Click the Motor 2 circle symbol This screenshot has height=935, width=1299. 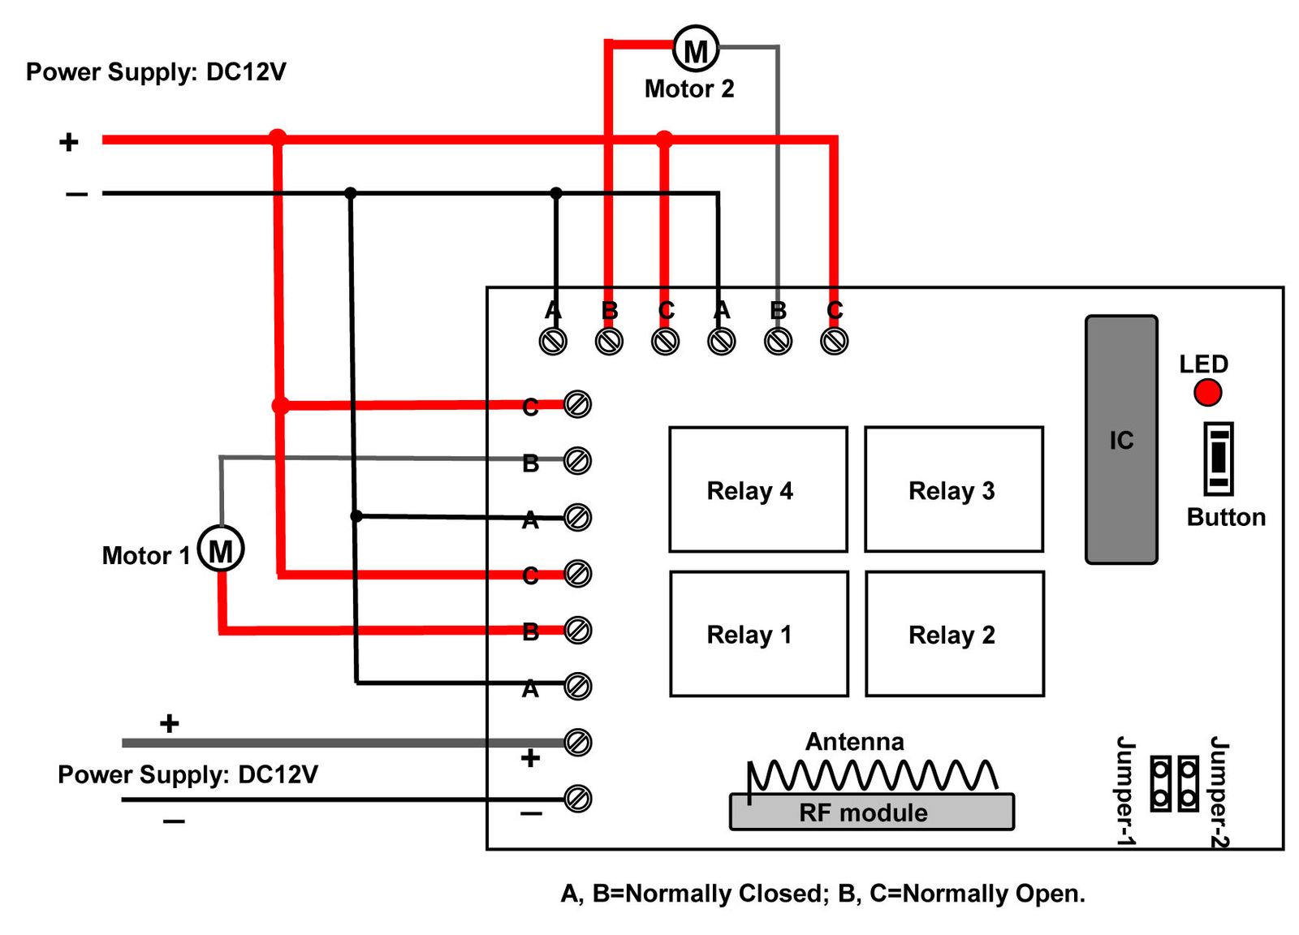click(x=696, y=50)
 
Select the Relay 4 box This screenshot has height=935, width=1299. click(x=758, y=489)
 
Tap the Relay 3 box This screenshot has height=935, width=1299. click(x=954, y=489)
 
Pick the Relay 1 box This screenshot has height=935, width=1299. click(x=759, y=634)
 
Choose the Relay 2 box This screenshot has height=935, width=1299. click(x=955, y=634)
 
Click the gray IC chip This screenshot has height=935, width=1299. click(x=1121, y=440)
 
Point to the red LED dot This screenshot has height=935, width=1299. click(x=1207, y=393)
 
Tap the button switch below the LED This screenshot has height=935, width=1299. click(x=1218, y=459)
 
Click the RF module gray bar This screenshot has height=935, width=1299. click(x=872, y=812)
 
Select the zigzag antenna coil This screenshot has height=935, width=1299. click(x=872, y=775)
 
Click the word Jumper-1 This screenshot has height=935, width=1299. click(x=1125, y=791)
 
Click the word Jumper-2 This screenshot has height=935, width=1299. click(x=1219, y=792)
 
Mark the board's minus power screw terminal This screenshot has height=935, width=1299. click(x=577, y=799)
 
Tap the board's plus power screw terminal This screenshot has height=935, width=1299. click(x=577, y=742)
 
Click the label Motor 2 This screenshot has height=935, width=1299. click(x=689, y=88)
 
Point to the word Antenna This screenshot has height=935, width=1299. click(x=854, y=741)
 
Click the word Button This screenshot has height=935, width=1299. click(x=1226, y=517)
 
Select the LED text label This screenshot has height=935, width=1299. click(x=1203, y=364)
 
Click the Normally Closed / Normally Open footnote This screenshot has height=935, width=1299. click(x=822, y=894)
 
